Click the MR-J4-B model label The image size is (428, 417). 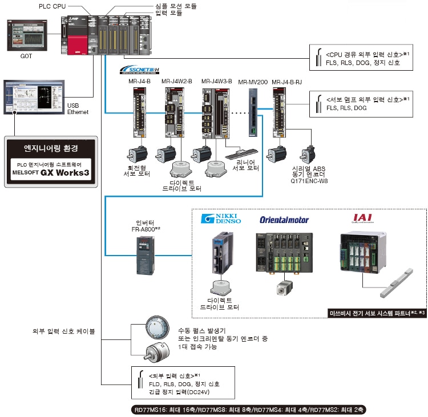[139, 82]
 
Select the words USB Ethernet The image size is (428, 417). [78, 108]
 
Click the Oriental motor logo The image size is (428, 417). [284, 220]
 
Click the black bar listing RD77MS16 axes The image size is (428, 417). [249, 410]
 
